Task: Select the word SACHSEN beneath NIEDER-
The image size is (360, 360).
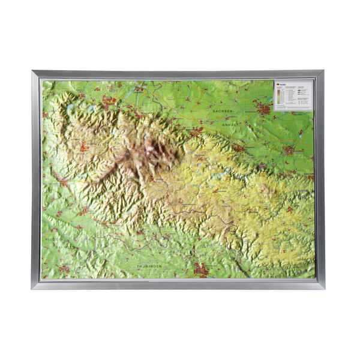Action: (x=60, y=246)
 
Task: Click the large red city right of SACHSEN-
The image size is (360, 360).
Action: (x=262, y=109)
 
